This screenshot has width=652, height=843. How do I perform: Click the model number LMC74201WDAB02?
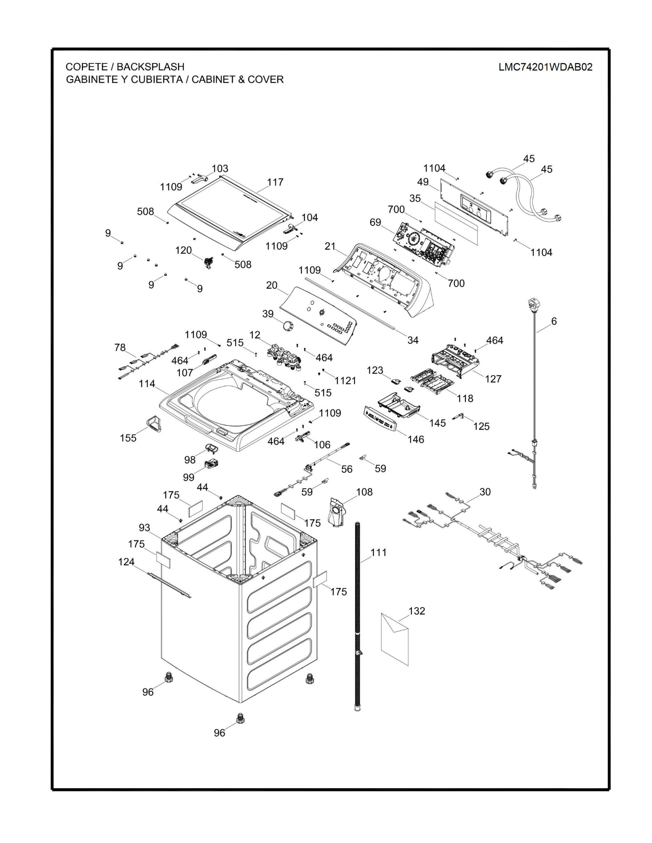tap(545, 67)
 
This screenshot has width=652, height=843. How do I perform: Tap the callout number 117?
tap(275, 182)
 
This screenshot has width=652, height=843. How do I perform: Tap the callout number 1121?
tap(345, 381)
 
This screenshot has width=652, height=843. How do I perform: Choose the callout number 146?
tap(415, 439)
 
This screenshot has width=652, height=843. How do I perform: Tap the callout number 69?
tap(375, 222)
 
